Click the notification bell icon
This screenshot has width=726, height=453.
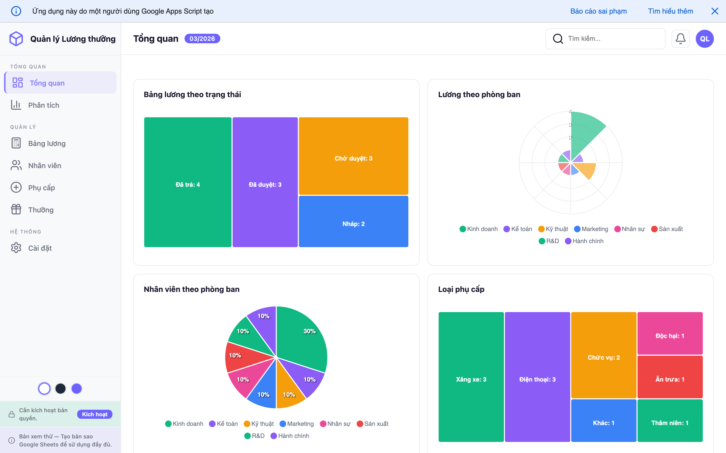[x=680, y=39]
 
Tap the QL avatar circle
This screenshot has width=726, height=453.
[x=704, y=39]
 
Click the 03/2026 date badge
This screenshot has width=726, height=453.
[x=202, y=39]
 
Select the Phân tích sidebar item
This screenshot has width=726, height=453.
[x=44, y=105]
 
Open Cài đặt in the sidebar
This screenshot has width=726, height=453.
[x=40, y=248]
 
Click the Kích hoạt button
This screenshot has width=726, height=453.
[x=95, y=414]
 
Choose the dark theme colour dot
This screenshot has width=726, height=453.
[x=60, y=389]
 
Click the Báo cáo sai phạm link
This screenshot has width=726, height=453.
[x=598, y=11]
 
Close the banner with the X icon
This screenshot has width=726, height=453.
[x=715, y=11]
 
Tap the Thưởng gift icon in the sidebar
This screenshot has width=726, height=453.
[x=16, y=209]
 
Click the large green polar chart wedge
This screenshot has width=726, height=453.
[x=585, y=132]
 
